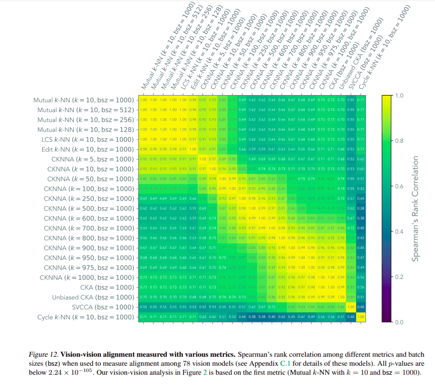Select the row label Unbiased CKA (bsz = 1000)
[x=93, y=297]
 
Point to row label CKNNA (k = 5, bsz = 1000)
[x=90, y=159]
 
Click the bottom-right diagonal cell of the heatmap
[x=361, y=317]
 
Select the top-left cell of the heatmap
[x=142, y=100]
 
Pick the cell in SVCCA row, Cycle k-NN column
[x=361, y=307]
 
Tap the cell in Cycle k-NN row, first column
[x=142, y=317]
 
